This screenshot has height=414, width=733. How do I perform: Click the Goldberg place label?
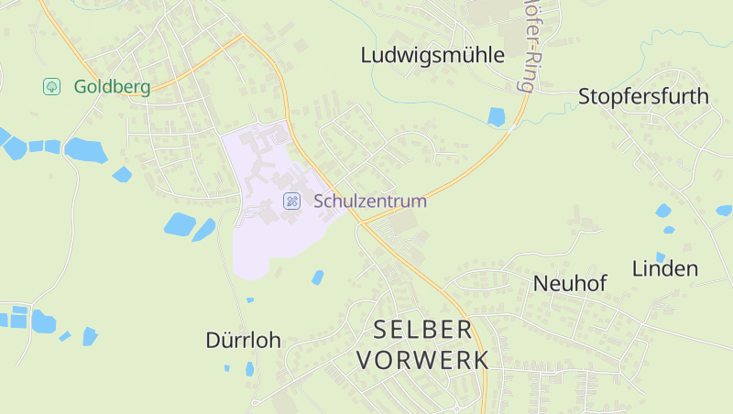pyautogui.click(x=112, y=87)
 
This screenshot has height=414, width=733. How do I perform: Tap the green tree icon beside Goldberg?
pyautogui.click(x=52, y=86)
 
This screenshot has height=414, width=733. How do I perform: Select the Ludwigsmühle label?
pyautogui.click(x=432, y=55)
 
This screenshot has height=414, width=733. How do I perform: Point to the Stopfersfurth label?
pyautogui.click(x=643, y=96)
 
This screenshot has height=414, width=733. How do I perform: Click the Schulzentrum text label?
pyautogui.click(x=370, y=201)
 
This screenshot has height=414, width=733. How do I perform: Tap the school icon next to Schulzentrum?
pyautogui.click(x=291, y=201)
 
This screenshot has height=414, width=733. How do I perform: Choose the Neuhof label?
pyautogui.click(x=570, y=284)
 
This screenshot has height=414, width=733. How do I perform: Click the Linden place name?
pyautogui.click(x=665, y=268)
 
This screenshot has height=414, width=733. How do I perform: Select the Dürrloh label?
pyautogui.click(x=243, y=341)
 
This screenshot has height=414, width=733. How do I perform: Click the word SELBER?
pyautogui.click(x=422, y=330)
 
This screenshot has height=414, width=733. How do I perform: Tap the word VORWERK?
pyautogui.click(x=422, y=360)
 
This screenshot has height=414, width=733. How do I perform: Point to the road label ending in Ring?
pyautogui.click(x=529, y=46)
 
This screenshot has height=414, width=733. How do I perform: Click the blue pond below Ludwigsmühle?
pyautogui.click(x=497, y=116)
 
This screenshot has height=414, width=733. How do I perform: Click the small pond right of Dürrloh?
pyautogui.click(x=249, y=369)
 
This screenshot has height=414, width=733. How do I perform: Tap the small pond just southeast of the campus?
pyautogui.click(x=318, y=277)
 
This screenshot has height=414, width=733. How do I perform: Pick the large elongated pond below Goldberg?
pyautogui.click(x=85, y=149)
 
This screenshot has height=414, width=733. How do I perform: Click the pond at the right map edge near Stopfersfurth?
pyautogui.click(x=724, y=210)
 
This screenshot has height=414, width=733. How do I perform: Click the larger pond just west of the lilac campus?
pyautogui.click(x=180, y=223)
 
